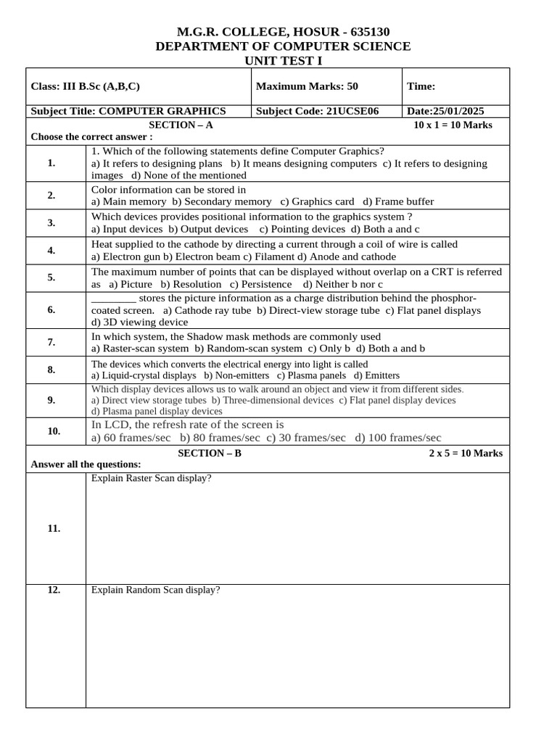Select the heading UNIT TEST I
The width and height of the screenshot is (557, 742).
point(284,61)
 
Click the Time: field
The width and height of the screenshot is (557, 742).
point(421,86)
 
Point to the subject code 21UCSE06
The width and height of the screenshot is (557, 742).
point(353,111)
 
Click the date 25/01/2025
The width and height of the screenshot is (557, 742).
point(458,111)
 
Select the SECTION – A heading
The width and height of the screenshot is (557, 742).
point(181,125)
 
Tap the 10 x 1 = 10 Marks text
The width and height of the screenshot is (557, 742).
point(453,125)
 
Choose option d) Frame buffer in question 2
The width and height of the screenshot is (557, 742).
point(399,201)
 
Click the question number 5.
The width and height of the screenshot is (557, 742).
point(51,277)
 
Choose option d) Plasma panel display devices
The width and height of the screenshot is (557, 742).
point(157,411)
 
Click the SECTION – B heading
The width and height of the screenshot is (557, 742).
point(210,453)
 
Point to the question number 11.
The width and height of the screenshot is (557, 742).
point(54,528)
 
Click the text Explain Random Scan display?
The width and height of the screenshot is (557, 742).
point(155,590)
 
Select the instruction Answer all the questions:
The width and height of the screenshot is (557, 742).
point(86,464)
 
